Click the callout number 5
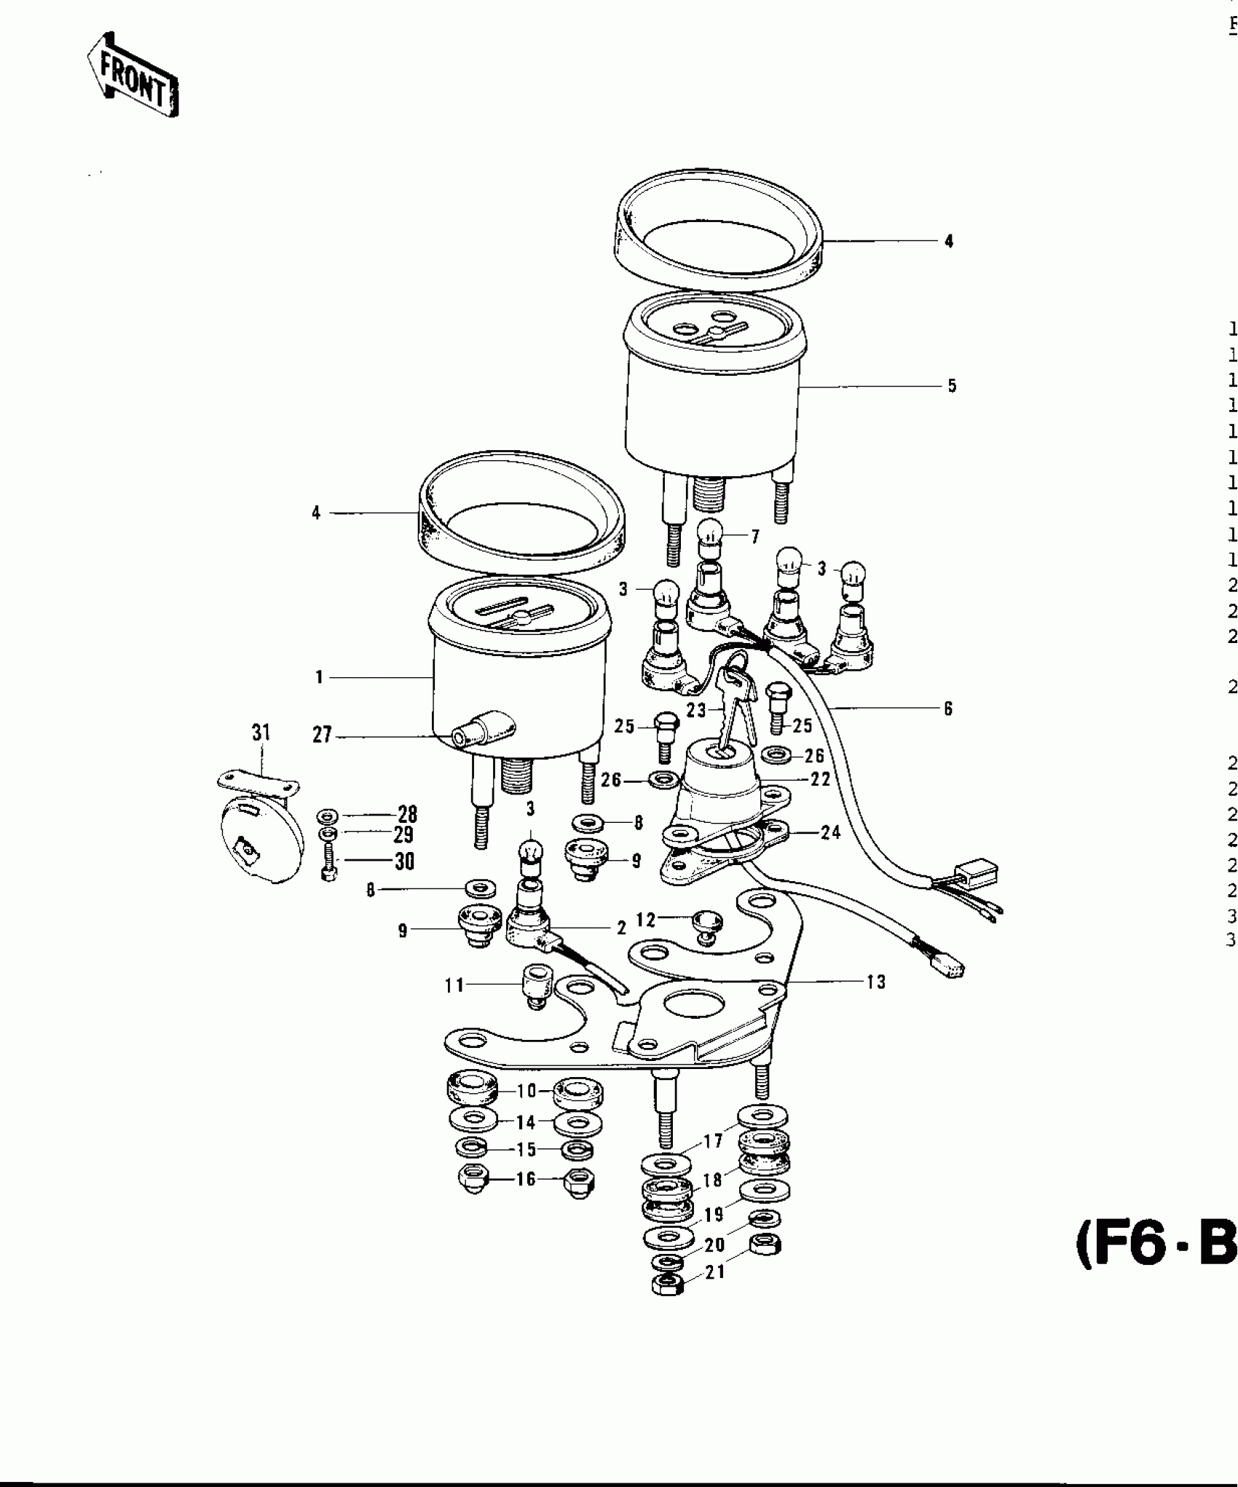click(x=952, y=386)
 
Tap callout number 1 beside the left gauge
click(x=318, y=678)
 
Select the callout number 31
click(x=261, y=733)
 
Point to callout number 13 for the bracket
click(x=876, y=982)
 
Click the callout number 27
click(x=322, y=735)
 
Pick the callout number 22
click(x=821, y=779)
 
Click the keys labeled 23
click(x=729, y=687)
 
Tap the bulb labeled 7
click(x=710, y=542)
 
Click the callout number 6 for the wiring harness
click(x=948, y=709)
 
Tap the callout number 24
click(x=831, y=832)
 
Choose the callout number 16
click(x=526, y=1179)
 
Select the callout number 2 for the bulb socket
click(x=621, y=928)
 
